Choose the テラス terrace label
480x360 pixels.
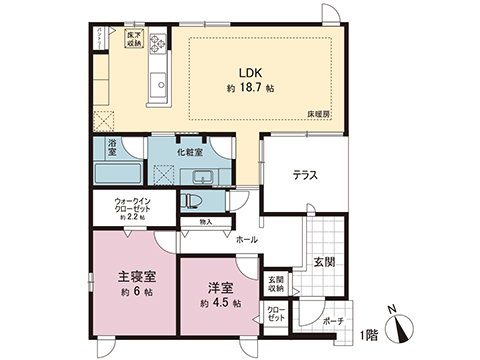click(x=305, y=175)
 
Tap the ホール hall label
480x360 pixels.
click(x=245, y=240)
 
